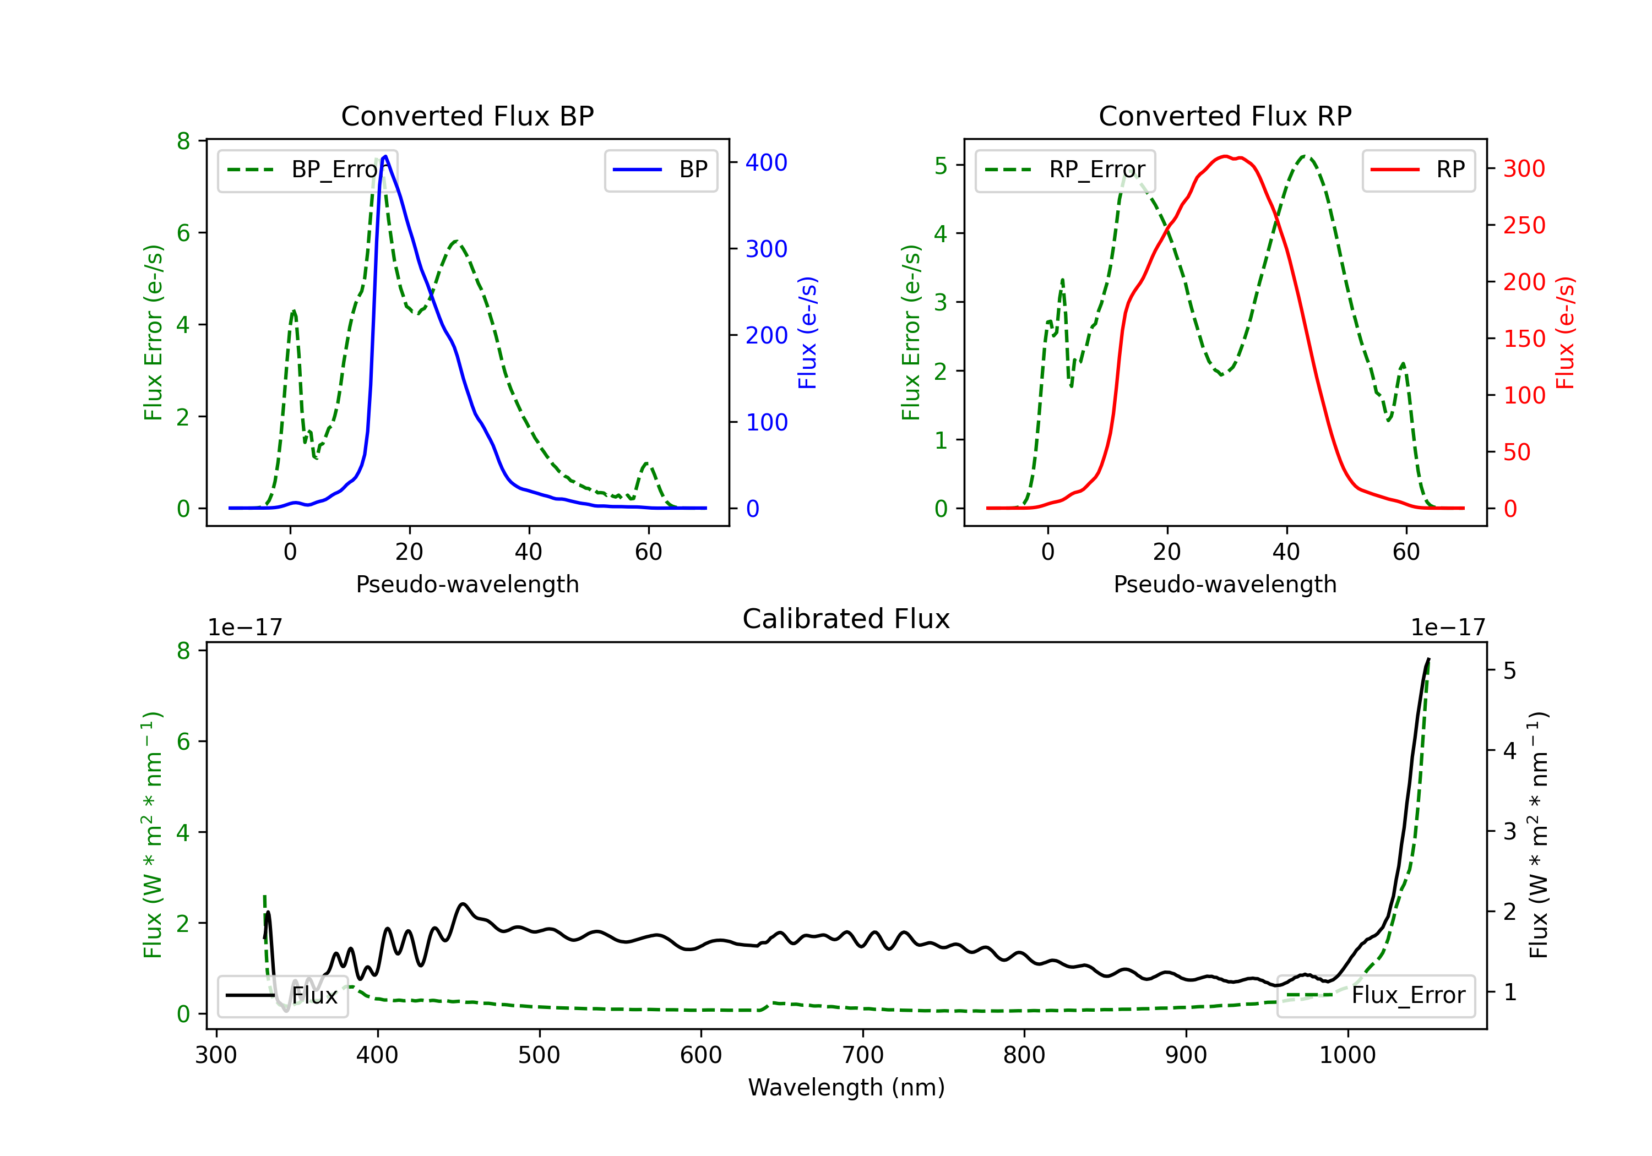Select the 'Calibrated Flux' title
tap(846, 619)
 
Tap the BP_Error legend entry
tap(307, 170)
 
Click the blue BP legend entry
tap(660, 170)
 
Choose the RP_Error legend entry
tap(1065, 170)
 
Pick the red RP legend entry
tap(1418, 170)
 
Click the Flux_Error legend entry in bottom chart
tap(1375, 996)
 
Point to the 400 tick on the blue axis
tap(767, 162)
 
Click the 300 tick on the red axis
tap(1524, 169)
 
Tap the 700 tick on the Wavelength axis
tap(862, 1055)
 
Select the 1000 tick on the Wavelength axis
tap(1347, 1055)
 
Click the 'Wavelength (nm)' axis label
tap(846, 1087)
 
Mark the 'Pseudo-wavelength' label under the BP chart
tap(467, 584)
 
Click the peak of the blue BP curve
tap(385, 156)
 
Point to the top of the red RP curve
tap(1225, 156)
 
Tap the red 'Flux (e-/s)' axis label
tap(1565, 332)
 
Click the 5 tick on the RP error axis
tap(941, 166)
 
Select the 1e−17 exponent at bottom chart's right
tap(1448, 628)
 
